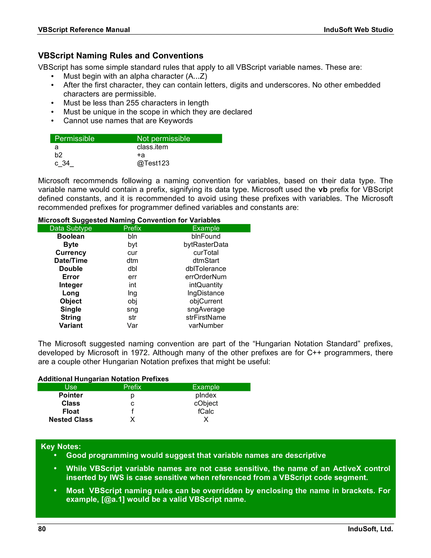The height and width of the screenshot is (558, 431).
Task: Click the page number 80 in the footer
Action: pyautogui.click(x=42, y=529)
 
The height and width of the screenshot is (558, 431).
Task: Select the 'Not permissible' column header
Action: pyautogui.click(x=163, y=139)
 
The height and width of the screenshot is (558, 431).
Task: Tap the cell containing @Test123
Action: pyautogui.click(x=153, y=163)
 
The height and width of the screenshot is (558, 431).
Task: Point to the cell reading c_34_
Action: pyautogui.click(x=64, y=163)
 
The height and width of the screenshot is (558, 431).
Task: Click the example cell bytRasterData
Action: pyautogui.click(x=206, y=244)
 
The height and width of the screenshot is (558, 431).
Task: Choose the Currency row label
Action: pyautogui.click(x=71, y=252)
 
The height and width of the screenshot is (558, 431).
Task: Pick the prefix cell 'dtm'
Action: pyautogui.click(x=132, y=261)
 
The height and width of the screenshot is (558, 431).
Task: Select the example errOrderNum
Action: pyautogui.click(x=206, y=277)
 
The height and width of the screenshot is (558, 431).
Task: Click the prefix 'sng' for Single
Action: pyautogui.click(x=132, y=309)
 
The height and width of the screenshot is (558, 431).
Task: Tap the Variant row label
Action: pyautogui.click(x=71, y=326)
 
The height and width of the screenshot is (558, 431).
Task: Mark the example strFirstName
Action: pyautogui.click(x=206, y=317)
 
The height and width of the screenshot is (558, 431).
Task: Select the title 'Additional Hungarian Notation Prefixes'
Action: pyautogui.click(x=103, y=379)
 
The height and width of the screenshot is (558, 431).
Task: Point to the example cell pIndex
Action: pyautogui.click(x=206, y=395)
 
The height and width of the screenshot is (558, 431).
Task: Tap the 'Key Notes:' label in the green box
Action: pyautogui.click(x=61, y=446)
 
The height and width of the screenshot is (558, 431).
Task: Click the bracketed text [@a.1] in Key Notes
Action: pyautogui.click(x=113, y=499)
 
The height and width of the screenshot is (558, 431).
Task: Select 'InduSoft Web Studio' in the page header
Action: pyautogui.click(x=358, y=30)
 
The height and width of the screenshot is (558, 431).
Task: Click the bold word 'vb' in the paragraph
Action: pyautogui.click(x=323, y=190)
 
